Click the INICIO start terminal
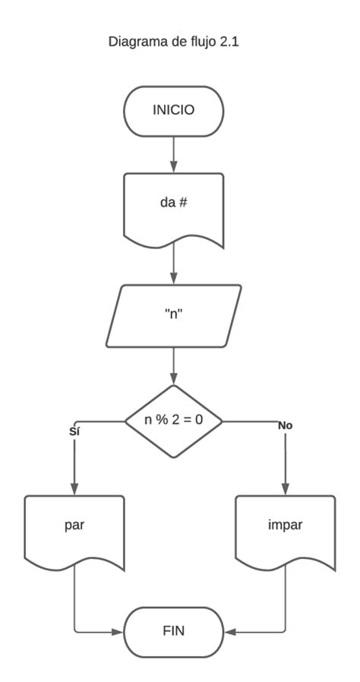coord(174,111)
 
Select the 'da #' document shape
coord(174,205)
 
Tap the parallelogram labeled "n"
coord(174,315)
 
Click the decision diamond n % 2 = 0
coord(174,420)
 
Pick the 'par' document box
coord(74,526)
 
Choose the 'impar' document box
coord(285,526)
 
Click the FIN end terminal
coord(174,631)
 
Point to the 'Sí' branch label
coord(74,431)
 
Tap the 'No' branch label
coord(285,425)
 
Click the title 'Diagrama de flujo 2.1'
coord(175,43)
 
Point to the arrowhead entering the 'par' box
coord(74,488)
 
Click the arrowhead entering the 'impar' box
coord(286,488)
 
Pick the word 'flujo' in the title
coord(203,43)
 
